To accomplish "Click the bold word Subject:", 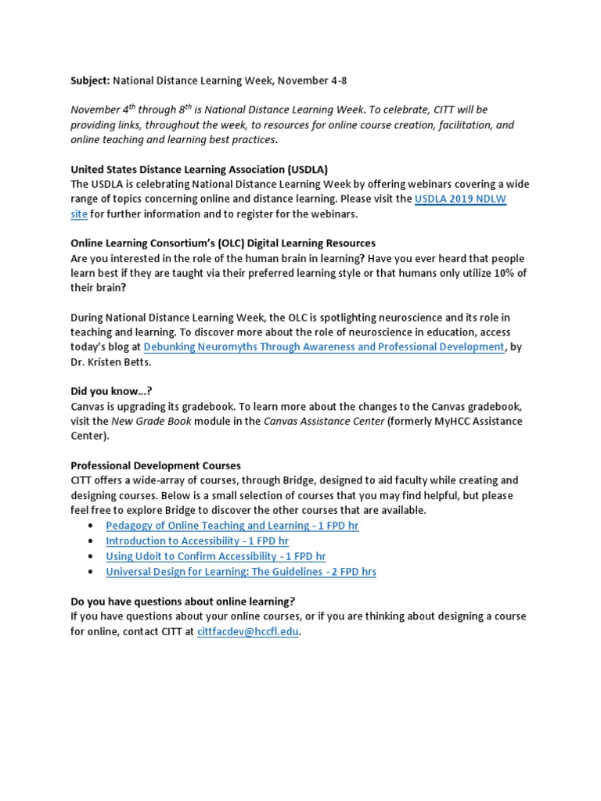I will (91, 81).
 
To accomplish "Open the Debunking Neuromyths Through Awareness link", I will (324, 347).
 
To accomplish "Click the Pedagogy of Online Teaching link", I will (232, 526).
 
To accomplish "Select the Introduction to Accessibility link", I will (197, 541).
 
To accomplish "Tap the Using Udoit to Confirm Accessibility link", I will (216, 556).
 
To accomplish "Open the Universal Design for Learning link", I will (241, 572).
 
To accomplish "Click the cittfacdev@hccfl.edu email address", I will (247, 632).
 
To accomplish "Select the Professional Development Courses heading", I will (156, 465).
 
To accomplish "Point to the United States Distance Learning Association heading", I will (199, 169).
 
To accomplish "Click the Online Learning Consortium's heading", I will (223, 243).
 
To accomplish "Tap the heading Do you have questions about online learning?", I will (183, 602).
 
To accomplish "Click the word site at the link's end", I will (79, 214).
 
